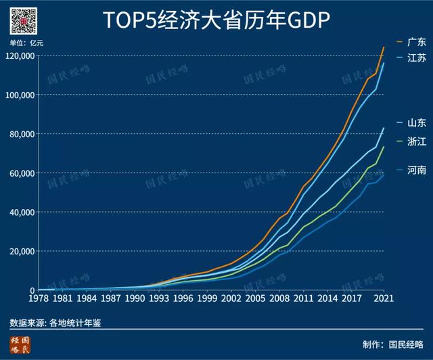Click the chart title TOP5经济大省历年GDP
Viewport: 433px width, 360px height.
(x=216, y=22)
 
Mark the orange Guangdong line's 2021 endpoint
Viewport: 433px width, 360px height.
(x=384, y=47)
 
